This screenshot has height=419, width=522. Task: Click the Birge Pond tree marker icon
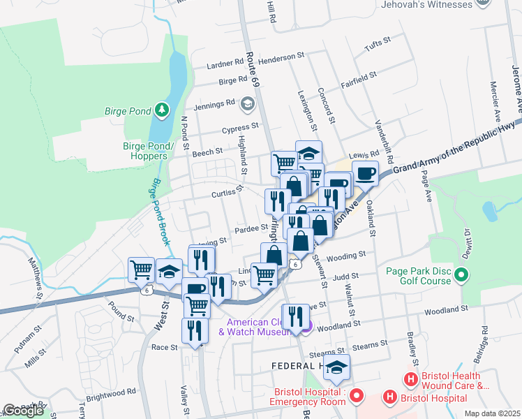(162, 110)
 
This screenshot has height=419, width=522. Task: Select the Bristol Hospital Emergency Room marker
(357, 397)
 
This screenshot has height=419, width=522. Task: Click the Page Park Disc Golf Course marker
(460, 276)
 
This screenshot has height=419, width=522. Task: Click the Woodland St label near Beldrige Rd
(444, 309)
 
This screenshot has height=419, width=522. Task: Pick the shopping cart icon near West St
(142, 269)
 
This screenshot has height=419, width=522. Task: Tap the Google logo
(22, 411)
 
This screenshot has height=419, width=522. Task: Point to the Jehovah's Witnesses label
(426, 4)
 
